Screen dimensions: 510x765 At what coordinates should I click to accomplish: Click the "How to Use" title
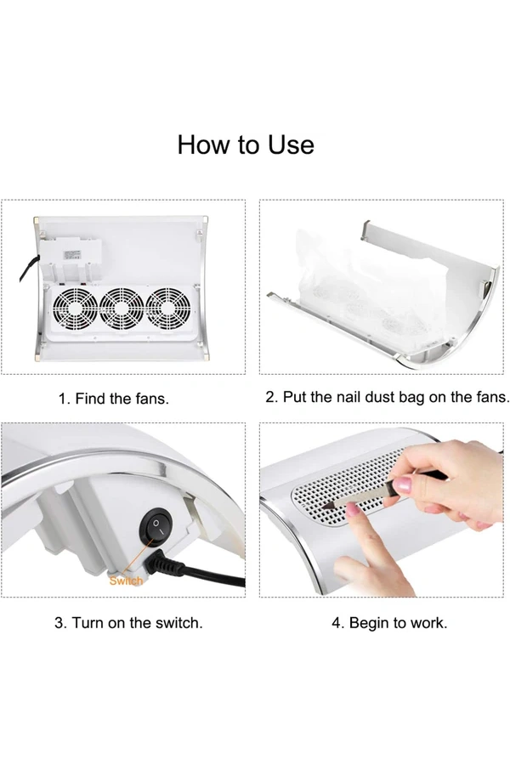point(246,144)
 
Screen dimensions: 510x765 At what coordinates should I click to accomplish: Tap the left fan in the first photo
point(75,309)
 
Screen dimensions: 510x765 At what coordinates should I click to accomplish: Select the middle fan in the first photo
point(122,309)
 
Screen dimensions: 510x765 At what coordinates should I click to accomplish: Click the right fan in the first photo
point(168,309)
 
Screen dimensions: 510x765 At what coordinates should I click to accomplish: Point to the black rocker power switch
point(156,526)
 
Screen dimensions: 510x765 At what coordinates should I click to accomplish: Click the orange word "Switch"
point(126,581)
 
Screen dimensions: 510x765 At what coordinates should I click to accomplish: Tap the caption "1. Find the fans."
point(114,399)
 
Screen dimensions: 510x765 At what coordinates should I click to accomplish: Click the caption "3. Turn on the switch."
point(128,623)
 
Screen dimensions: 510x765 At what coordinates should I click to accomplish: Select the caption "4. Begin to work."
point(389,623)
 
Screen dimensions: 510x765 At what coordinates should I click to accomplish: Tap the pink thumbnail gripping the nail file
point(402,485)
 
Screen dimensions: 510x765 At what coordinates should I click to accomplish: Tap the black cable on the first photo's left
point(29,269)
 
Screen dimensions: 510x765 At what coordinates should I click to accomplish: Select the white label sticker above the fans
point(71,255)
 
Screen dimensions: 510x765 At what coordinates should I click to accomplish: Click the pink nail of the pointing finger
point(353,510)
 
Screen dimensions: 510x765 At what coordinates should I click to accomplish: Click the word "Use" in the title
point(291,144)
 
